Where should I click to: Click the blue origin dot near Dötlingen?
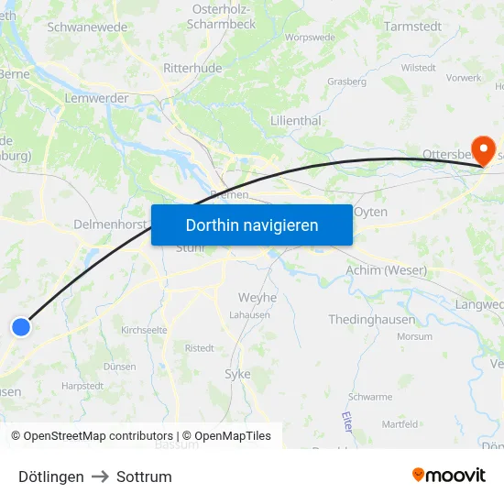click(x=20, y=326)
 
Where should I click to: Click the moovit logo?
click(x=449, y=475)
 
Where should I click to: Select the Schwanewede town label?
click(x=87, y=27)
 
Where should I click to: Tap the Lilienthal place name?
click(x=295, y=120)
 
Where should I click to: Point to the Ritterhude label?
click(x=192, y=69)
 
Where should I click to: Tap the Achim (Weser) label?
click(x=386, y=270)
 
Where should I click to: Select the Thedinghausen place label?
click(x=371, y=320)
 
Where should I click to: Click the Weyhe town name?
click(x=257, y=297)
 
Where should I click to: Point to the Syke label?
click(x=237, y=374)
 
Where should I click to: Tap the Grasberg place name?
click(x=346, y=82)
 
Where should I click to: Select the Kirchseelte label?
click(x=143, y=328)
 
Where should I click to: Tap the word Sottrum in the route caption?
click(x=144, y=477)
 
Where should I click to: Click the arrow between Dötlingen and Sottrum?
click(x=100, y=477)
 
